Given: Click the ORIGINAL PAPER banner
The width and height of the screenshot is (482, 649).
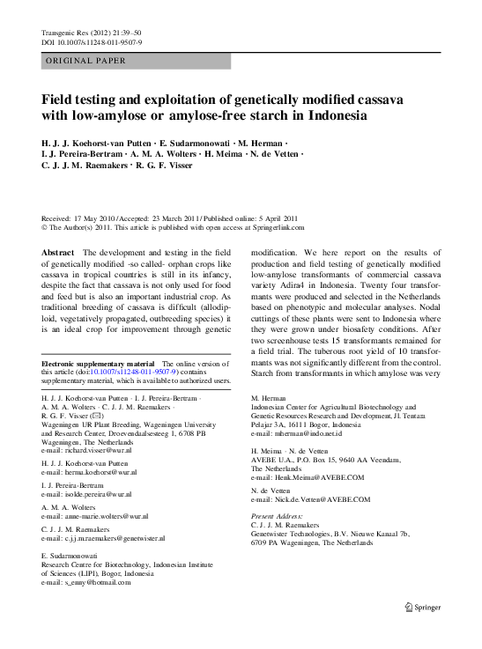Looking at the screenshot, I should [86, 61].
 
